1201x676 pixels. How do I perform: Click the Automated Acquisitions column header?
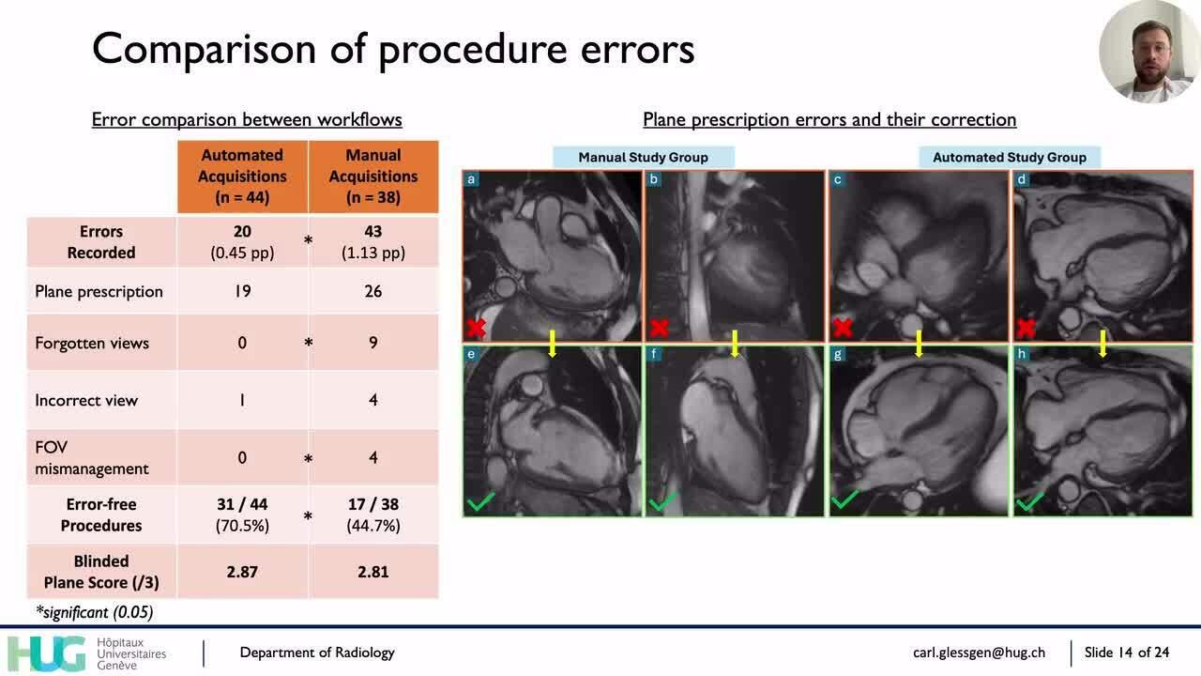point(242,176)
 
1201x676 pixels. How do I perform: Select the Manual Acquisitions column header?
point(373,176)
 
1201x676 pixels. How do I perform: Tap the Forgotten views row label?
point(92,344)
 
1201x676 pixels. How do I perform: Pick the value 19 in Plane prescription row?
point(242,291)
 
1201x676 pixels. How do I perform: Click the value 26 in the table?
point(373,291)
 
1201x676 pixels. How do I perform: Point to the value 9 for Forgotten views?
point(373,344)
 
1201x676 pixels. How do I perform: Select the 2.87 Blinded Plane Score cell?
point(242,572)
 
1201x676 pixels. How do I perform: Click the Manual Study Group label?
point(643,157)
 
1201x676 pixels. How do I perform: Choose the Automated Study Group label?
point(1009,157)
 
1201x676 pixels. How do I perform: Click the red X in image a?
point(476,328)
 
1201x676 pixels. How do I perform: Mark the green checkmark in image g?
point(844,500)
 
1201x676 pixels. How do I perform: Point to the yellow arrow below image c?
point(919,344)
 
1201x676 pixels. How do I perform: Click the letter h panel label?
point(1022,354)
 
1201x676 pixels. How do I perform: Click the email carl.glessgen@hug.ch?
point(979,653)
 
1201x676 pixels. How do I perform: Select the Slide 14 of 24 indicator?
point(1127,653)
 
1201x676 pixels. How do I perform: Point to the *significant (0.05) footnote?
point(94,612)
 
